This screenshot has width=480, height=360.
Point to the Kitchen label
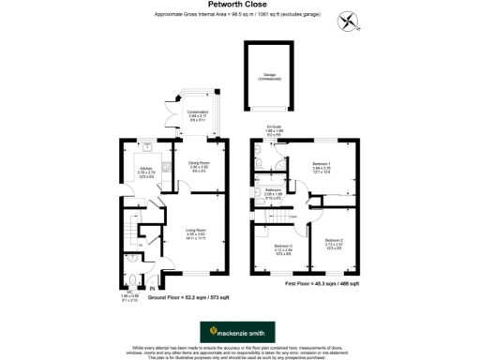(146, 170)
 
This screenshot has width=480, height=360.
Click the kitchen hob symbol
(166, 169)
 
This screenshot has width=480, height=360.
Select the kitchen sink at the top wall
(147, 147)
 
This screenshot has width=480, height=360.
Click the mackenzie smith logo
(239, 331)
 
